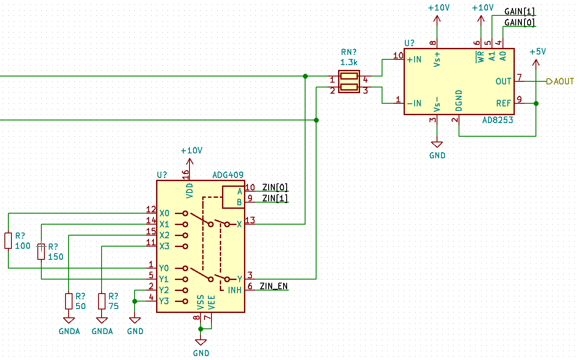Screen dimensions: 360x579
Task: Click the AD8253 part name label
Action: [497, 120]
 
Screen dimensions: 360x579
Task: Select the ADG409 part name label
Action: [228, 175]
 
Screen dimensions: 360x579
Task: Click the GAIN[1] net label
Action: [519, 11]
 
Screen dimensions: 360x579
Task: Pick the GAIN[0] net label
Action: [519, 22]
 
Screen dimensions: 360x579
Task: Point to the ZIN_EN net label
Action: [273, 286]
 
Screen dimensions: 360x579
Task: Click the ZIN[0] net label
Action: [275, 187]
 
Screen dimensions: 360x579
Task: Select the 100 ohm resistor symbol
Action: [8, 241]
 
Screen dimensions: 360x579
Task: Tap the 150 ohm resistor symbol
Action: [41, 251]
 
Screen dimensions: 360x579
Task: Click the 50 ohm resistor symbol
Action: [69, 302]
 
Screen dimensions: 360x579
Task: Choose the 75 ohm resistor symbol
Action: [102, 302]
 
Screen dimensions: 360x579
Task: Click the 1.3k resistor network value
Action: [349, 62]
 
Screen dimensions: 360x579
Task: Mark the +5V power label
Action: [538, 51]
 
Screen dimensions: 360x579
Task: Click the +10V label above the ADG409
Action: [192, 151]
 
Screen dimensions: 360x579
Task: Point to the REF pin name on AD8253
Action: [503, 103]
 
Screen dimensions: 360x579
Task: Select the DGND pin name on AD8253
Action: [459, 100]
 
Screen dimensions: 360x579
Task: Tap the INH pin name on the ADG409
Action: [234, 290]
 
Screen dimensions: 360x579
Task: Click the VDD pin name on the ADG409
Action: [190, 191]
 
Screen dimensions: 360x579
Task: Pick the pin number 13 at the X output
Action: [250, 221]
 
